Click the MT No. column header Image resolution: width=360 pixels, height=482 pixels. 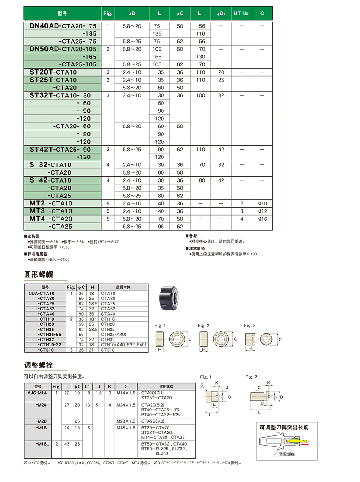tap(241, 14)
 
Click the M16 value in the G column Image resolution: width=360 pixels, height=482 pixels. tap(262, 219)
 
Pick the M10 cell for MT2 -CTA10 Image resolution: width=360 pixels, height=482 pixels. tap(262, 203)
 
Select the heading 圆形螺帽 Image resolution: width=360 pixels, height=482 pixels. tap(39, 274)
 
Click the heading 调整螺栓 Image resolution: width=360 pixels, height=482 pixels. tap(39, 365)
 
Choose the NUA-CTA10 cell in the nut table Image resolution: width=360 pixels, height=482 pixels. tap(42, 293)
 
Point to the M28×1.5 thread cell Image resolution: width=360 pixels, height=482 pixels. tap(125, 421)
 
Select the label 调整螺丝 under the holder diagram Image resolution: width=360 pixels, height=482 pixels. tap(289, 454)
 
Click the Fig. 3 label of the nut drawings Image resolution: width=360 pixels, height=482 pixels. tap(250, 325)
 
